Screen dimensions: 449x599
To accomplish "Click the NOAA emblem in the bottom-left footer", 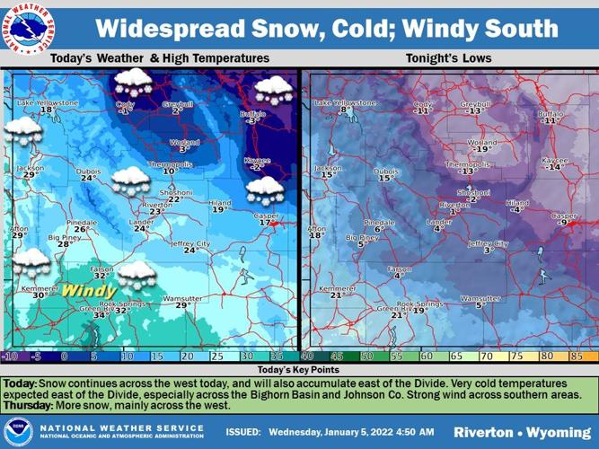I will pyautogui.click(x=18, y=430).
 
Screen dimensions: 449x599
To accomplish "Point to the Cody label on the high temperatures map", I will pyautogui.click(x=126, y=104).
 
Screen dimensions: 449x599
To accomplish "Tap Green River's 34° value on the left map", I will pyautogui.click(x=101, y=315).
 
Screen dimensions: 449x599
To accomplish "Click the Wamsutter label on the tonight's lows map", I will pyautogui.click(x=480, y=298).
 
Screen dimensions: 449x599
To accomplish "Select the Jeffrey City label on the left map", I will pyautogui.click(x=189, y=243).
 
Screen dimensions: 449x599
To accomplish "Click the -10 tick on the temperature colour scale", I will pyautogui.click(x=12, y=357).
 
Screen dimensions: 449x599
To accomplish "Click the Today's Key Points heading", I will pyautogui.click(x=298, y=370).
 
